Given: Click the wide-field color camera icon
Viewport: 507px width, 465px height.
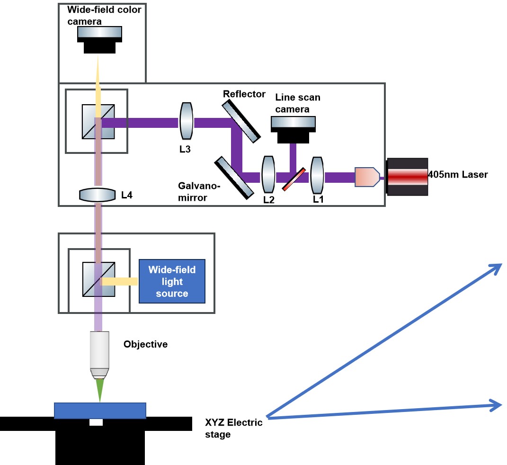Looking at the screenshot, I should pos(100,40).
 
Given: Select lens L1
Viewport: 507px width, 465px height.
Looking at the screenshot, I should pos(317,176).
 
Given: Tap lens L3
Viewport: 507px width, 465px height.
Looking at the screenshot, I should pos(186,122).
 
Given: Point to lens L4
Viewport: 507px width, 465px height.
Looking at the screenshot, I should pos(98,195).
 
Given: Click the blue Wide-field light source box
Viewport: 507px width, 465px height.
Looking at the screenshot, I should pos(172,281).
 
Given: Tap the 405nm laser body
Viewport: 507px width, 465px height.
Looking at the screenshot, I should pos(408,177).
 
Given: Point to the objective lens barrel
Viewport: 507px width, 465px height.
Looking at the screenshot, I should pos(99,353).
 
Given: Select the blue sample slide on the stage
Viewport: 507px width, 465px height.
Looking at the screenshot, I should pos(100,411).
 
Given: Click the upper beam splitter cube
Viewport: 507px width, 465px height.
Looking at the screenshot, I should pos(98,122).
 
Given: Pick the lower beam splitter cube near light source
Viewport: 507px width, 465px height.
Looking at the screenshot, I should pos(98,280).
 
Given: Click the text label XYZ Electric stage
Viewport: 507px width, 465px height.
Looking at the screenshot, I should pos(233,428).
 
